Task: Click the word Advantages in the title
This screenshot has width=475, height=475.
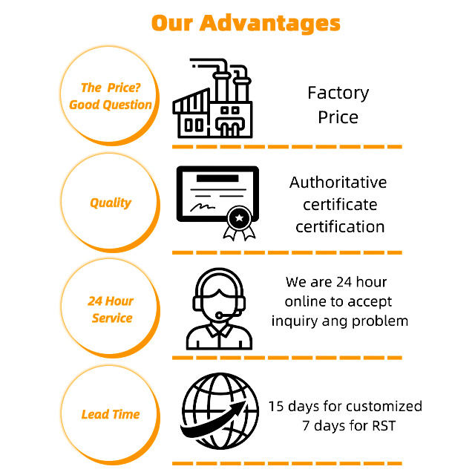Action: pos(272,22)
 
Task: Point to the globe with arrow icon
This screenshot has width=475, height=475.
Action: pos(217,415)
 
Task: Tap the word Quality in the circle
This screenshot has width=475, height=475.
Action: pos(111,203)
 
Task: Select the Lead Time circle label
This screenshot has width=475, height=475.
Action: pos(111,414)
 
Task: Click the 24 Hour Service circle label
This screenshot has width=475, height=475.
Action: pos(111,309)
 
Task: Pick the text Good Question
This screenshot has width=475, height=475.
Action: pos(111,105)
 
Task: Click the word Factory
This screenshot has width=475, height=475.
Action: pos(338,93)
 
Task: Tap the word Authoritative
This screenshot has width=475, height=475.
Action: pos(338,182)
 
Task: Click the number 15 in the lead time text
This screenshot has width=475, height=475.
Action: pos(276,406)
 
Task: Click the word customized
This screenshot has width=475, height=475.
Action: pos(384,406)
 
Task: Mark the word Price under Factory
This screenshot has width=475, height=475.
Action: pos(338,117)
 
